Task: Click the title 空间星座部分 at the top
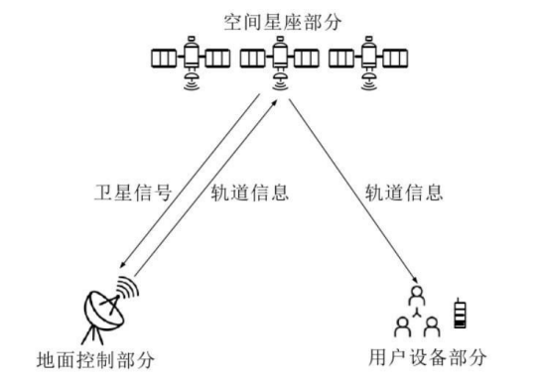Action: (270, 19)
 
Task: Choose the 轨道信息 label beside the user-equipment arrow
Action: (404, 193)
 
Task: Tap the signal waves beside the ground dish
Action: (126, 289)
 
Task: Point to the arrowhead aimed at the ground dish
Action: (120, 266)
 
